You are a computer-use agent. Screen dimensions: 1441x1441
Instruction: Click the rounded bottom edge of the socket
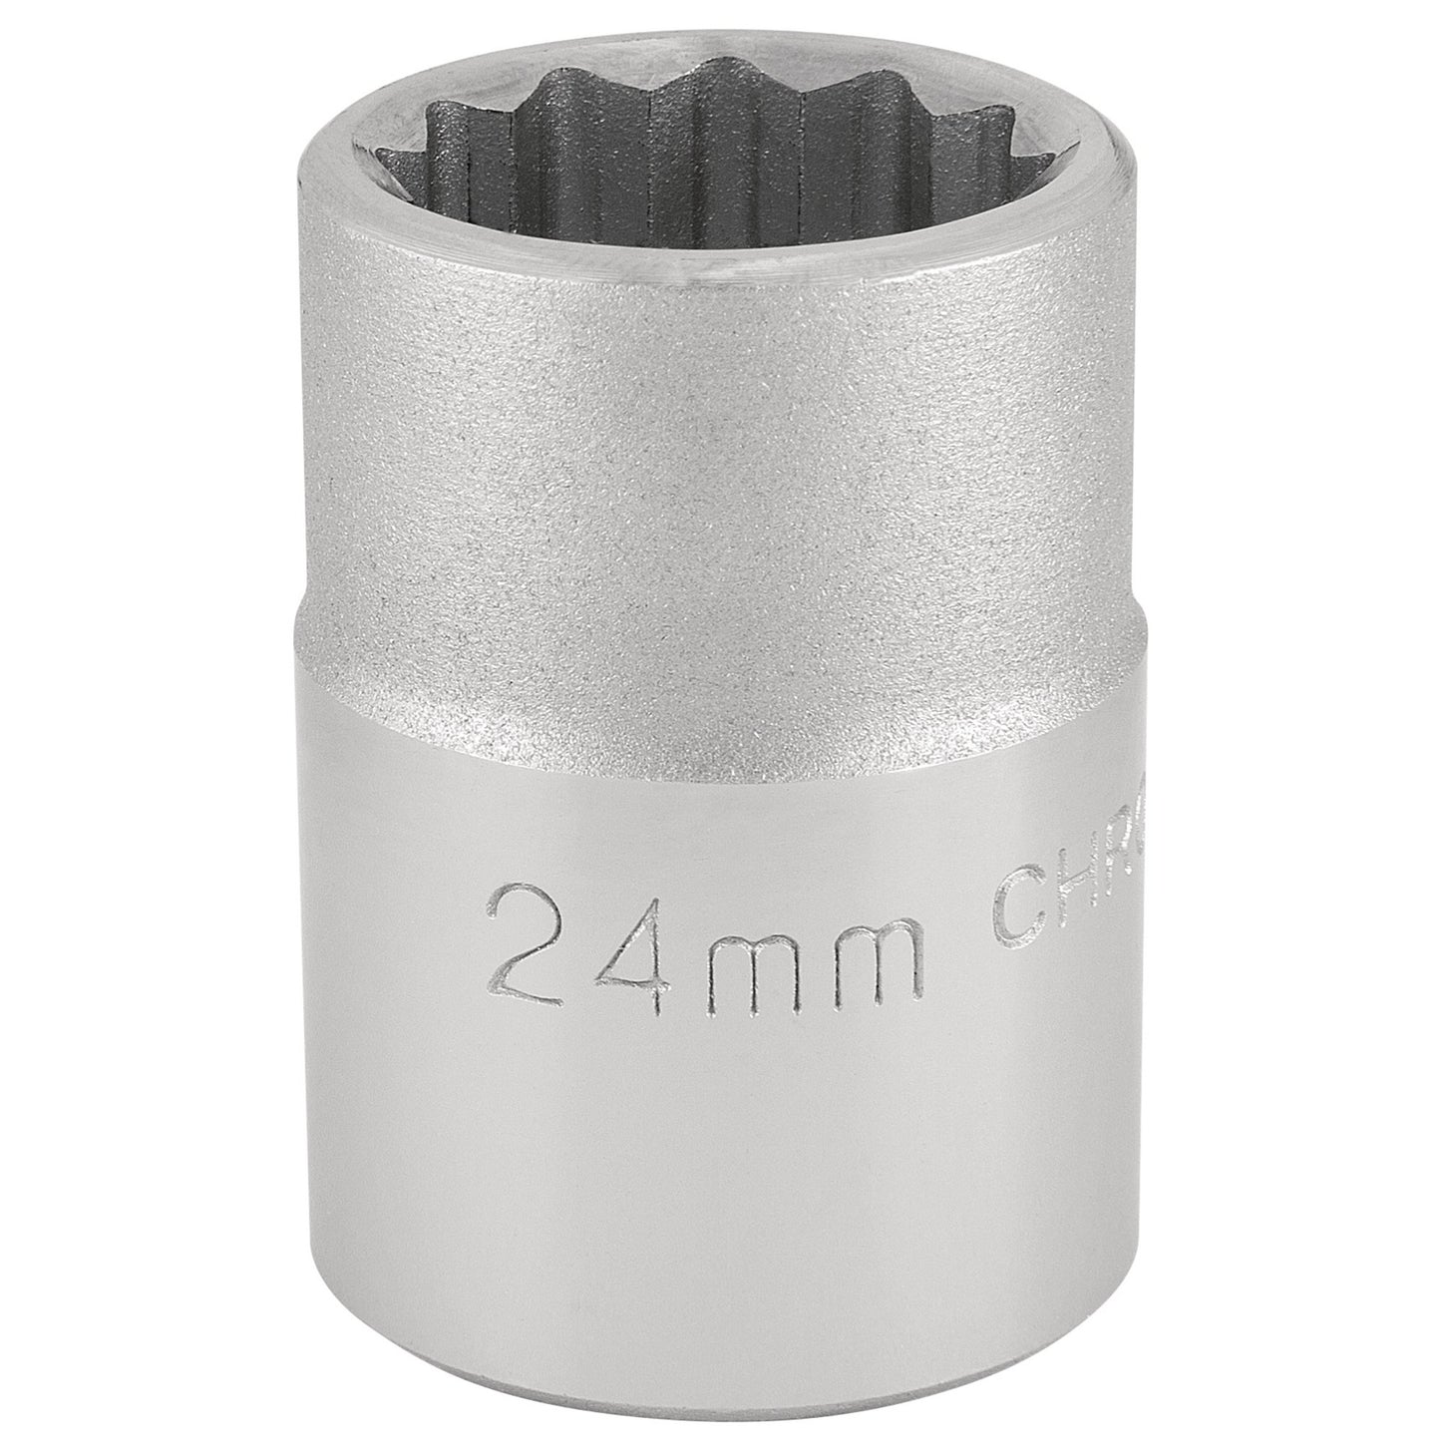[x=718, y=1391]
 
